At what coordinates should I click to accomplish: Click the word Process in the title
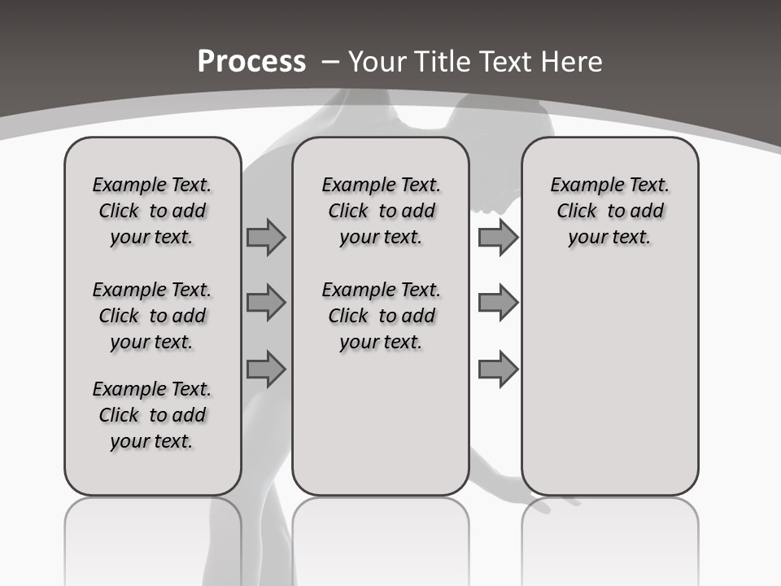251,62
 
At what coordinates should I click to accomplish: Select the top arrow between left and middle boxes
265,237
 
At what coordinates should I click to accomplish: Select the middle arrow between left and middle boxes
265,304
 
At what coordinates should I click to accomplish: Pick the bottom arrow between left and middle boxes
265,370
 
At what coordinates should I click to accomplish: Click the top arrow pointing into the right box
498,237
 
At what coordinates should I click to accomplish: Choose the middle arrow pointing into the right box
498,304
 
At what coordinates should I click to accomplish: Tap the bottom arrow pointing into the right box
498,370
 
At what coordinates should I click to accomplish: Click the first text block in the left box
152,211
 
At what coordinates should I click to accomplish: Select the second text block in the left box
152,316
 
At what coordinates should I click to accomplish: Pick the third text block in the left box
152,415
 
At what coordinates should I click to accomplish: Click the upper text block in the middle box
381,211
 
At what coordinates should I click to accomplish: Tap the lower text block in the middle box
381,316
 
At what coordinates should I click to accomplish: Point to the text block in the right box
609,211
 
